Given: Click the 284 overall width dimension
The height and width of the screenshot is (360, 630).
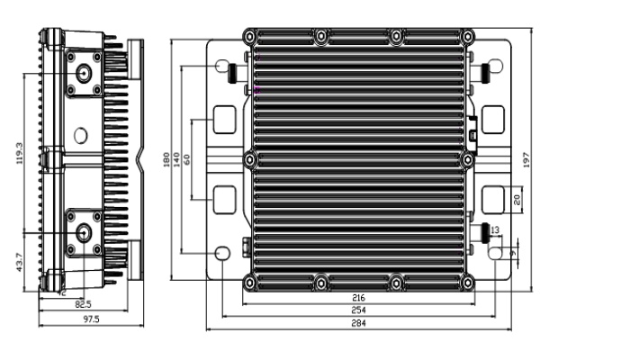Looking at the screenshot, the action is (358, 322).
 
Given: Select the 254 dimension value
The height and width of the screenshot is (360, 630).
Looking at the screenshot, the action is (358, 310).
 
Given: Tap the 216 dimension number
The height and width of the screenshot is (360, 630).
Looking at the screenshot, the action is (358, 298).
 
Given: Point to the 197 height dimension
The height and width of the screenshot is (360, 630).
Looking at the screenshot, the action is (526, 159).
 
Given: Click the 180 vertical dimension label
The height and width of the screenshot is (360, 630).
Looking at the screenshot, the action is (166, 160).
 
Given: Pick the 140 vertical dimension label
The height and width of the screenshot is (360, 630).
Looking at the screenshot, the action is (176, 160).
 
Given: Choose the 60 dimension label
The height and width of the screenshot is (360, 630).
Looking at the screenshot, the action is (186, 159).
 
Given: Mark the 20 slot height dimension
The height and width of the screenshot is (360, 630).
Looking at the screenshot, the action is (517, 200).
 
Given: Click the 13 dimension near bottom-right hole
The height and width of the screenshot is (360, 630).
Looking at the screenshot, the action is (495, 229).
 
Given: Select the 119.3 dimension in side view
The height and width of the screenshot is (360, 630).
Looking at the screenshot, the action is (20, 153).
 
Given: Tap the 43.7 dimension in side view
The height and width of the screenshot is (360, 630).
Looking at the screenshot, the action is (20, 262).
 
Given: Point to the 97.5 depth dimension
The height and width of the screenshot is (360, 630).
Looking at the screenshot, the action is (91, 319).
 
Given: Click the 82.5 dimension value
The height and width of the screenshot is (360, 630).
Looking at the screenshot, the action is (83, 304).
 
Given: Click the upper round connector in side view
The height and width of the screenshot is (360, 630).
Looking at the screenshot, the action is (84, 74).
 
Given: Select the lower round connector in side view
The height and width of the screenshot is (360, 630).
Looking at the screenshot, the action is (84, 233).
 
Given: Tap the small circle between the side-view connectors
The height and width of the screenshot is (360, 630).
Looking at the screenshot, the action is (81, 135).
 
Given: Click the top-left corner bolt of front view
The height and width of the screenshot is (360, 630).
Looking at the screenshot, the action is (250, 37).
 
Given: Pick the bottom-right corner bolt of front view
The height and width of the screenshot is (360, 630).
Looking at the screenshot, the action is (467, 283).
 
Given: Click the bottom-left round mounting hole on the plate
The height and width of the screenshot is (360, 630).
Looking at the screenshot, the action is (222, 253).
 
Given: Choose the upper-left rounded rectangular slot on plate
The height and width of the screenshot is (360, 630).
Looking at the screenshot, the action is (224, 120).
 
